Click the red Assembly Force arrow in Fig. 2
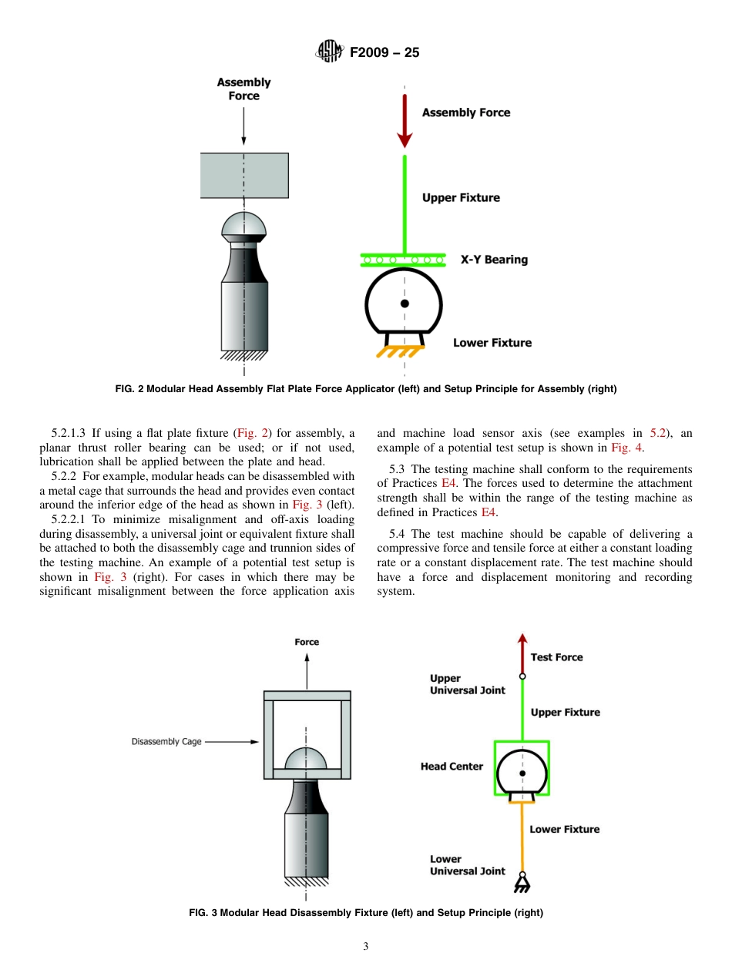click(x=405, y=119)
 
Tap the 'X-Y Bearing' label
click(x=494, y=260)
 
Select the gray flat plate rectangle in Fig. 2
click(x=244, y=176)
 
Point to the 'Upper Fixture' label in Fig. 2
click(x=461, y=198)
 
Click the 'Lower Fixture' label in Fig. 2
click(x=492, y=343)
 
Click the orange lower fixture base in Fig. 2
click(x=400, y=352)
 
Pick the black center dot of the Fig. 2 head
click(x=405, y=304)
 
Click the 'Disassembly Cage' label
click(x=166, y=742)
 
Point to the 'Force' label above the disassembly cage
click(x=307, y=642)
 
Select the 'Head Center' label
click(x=452, y=767)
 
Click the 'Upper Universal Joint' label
click(x=467, y=684)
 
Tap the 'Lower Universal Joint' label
click(x=467, y=865)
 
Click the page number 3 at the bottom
click(x=366, y=947)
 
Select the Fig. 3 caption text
click(x=366, y=913)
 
